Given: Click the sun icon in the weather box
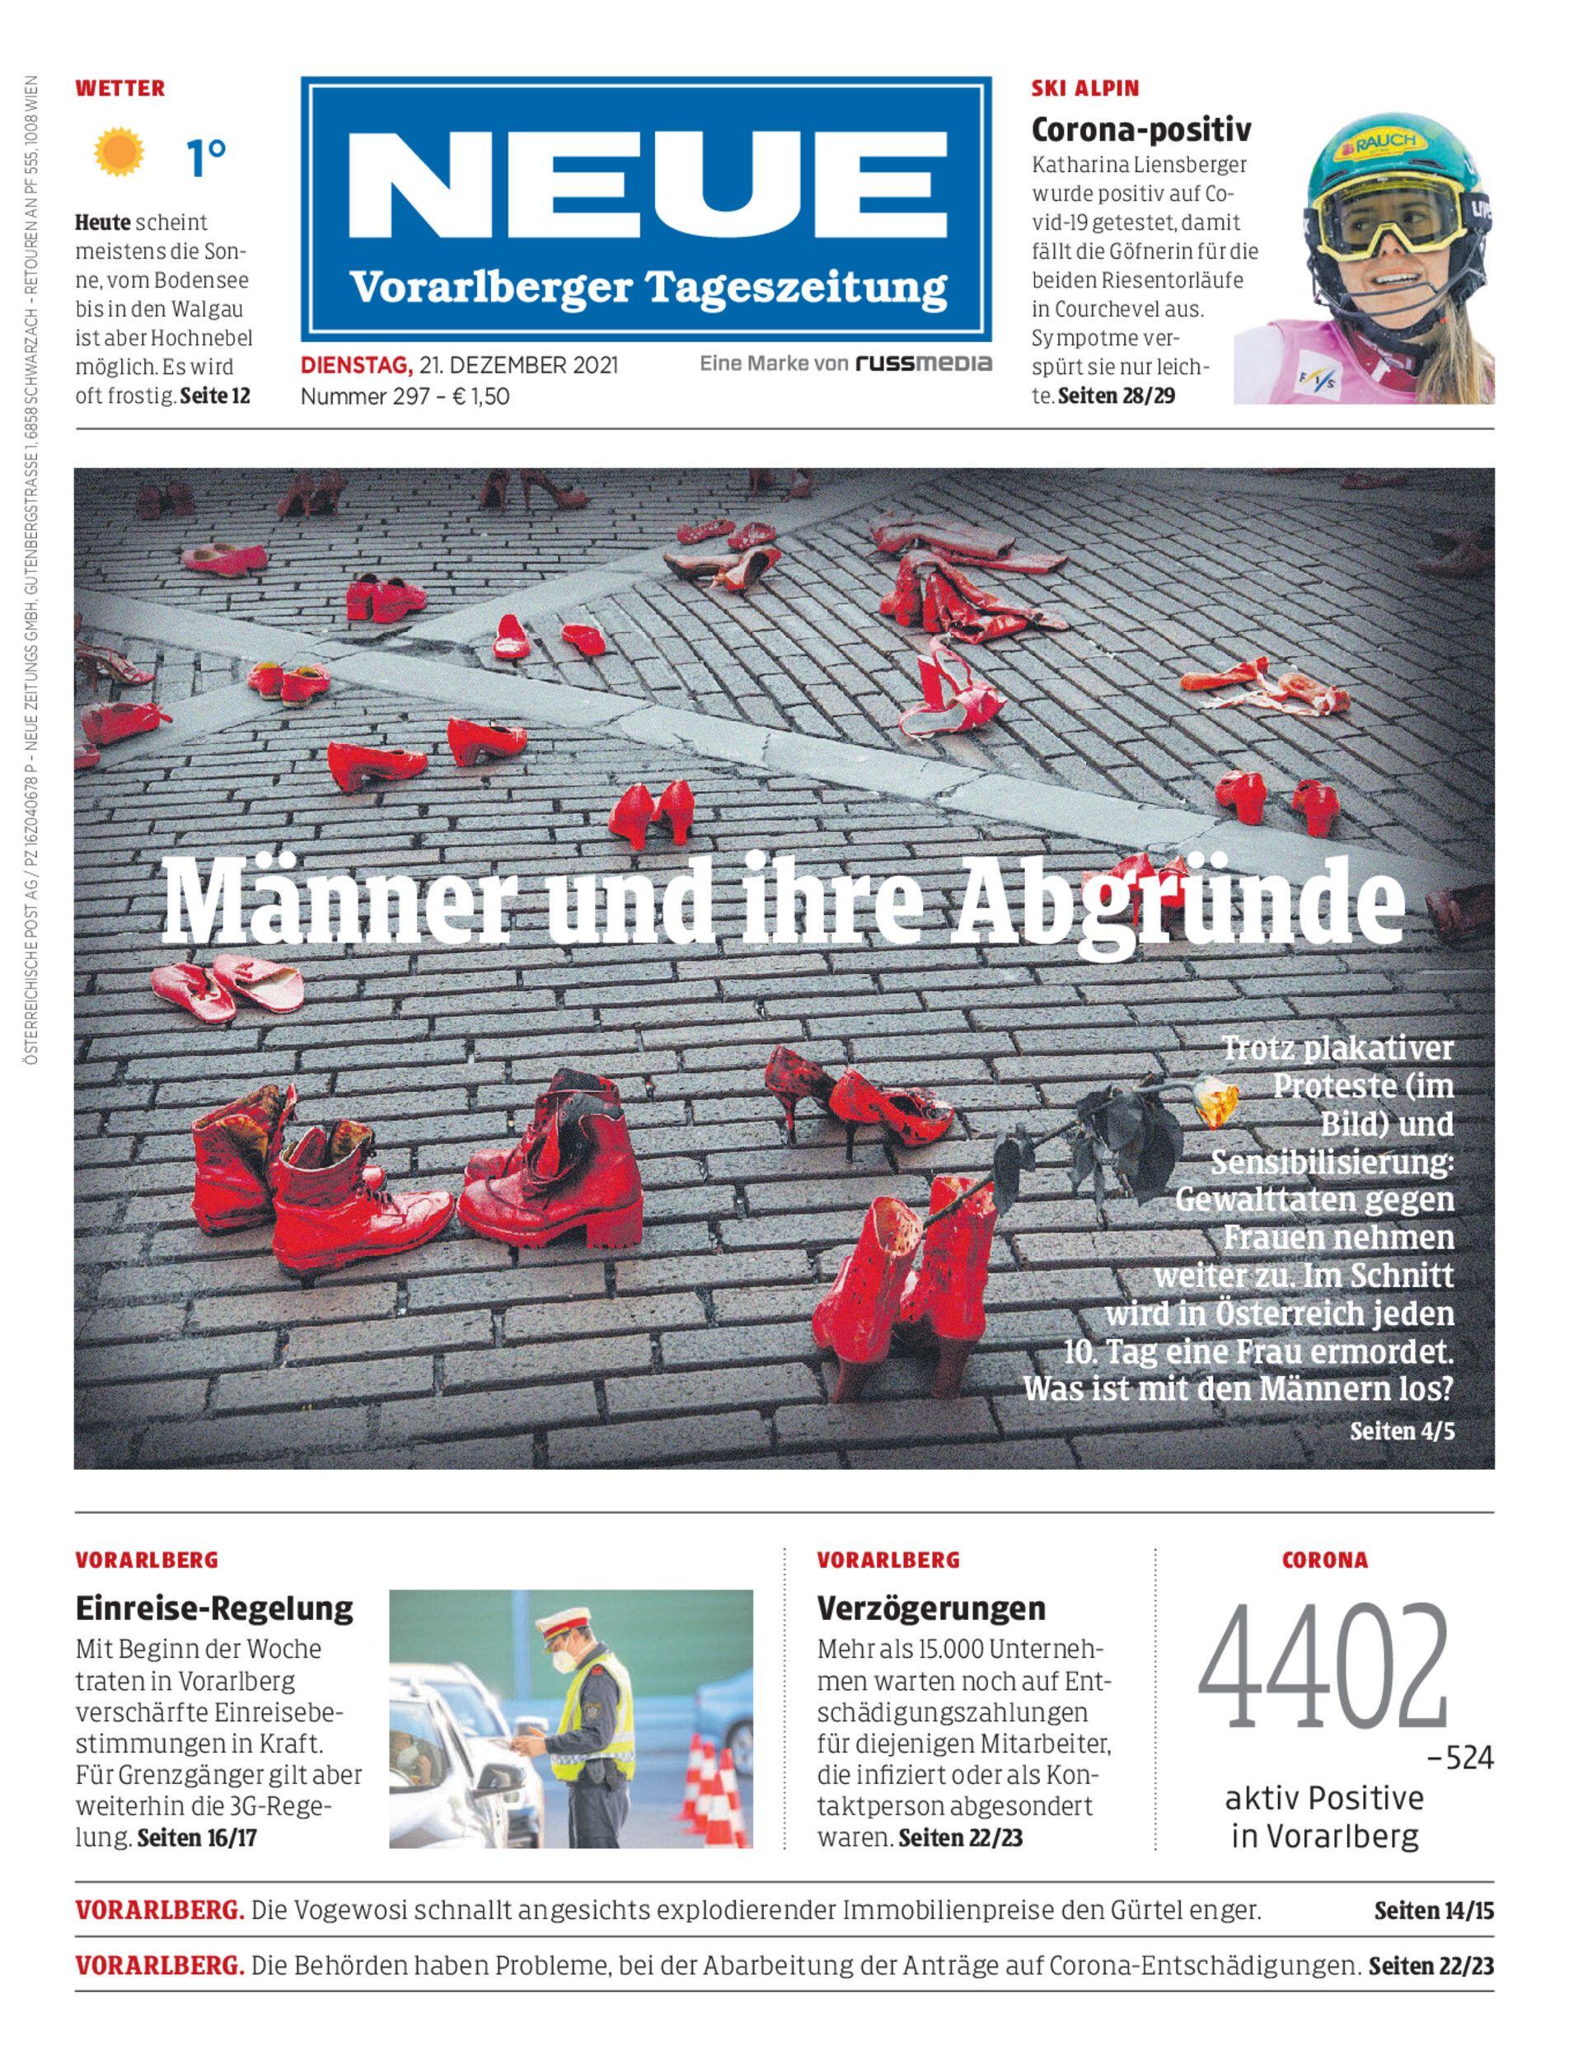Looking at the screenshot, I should (119, 152).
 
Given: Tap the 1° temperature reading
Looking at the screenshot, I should (205, 157).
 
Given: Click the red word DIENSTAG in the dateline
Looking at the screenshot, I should (355, 365).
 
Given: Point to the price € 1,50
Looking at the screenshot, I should (480, 396).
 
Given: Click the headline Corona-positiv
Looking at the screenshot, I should (1140, 130).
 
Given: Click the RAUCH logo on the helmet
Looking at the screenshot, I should (1386, 142).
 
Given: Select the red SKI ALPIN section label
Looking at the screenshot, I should (1084, 89).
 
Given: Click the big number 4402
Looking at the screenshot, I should (1323, 1669).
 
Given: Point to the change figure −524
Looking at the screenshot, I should (1459, 1759).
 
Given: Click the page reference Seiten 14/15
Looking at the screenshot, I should (1433, 1911).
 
